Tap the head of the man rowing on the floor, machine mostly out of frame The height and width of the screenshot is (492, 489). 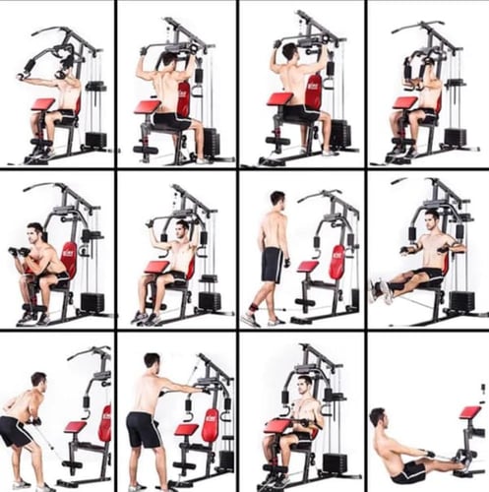[x=378, y=417]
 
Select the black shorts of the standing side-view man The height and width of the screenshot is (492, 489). [x=272, y=265]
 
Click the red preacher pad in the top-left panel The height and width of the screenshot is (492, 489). [x=42, y=104]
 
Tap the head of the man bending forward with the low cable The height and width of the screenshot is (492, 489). [x=38, y=380]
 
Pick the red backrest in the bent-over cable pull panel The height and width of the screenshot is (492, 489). [x=104, y=422]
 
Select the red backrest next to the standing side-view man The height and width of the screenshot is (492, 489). [x=336, y=262]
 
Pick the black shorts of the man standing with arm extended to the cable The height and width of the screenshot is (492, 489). [x=145, y=430]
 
